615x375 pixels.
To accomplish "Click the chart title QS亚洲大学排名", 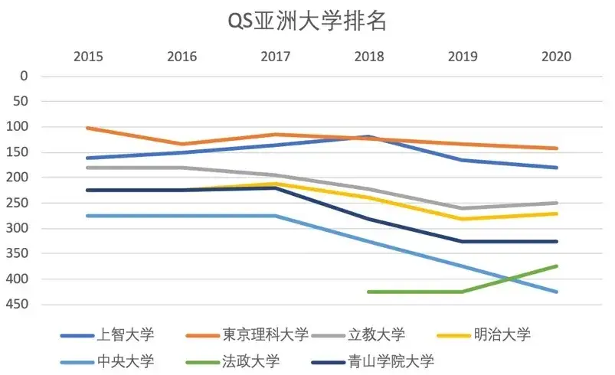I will pyautogui.click(x=307, y=21).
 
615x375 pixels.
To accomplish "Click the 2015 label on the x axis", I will pyautogui.click(x=88, y=57).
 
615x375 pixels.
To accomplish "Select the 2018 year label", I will pyautogui.click(x=369, y=57).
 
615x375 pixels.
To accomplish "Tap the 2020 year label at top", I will pyautogui.click(x=557, y=57).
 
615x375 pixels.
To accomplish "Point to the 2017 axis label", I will pyautogui.click(x=276, y=57).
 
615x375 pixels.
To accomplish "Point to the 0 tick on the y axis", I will pyautogui.click(x=24, y=76).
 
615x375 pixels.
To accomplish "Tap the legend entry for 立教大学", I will pyautogui.click(x=376, y=334).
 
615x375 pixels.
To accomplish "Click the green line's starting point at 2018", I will pyautogui.click(x=369, y=292).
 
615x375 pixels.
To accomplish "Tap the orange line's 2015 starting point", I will pyautogui.click(x=88, y=128).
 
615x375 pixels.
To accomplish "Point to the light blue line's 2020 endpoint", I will pyautogui.click(x=557, y=292).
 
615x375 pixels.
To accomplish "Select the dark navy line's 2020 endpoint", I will pyautogui.click(x=557, y=241).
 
